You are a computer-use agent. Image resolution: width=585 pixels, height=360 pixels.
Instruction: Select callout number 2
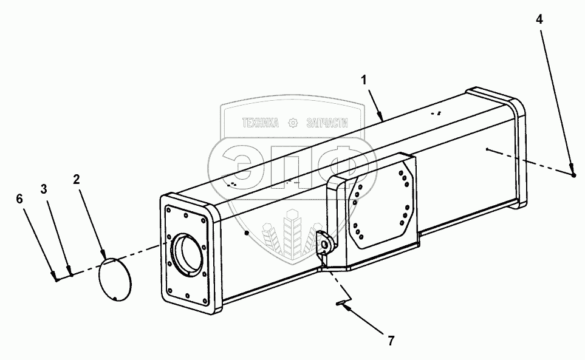tap(77, 180)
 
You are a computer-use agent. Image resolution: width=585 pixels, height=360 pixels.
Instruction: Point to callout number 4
tap(539, 19)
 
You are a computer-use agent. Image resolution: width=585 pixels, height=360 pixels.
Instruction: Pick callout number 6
tap(19, 198)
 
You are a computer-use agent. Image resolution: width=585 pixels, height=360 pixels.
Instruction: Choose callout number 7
tap(390, 341)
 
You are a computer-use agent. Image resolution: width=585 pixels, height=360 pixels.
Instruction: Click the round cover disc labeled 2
tap(115, 278)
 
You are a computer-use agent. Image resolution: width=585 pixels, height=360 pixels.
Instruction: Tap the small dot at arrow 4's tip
tap(573, 175)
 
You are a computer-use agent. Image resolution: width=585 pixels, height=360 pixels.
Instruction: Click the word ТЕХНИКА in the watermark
tap(260, 123)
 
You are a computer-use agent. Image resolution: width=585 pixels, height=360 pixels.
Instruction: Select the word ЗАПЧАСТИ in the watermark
tap(329, 123)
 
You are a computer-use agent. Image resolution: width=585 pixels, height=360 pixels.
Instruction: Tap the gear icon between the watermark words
tap(293, 123)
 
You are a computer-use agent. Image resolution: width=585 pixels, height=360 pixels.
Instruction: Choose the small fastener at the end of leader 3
tap(71, 274)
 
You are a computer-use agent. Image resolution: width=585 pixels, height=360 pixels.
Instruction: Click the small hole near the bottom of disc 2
tap(115, 297)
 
